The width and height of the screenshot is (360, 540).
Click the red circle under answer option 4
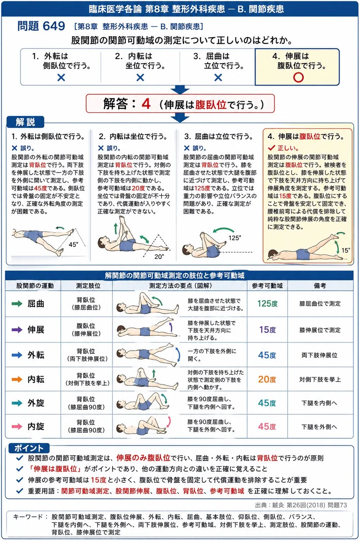pyautogui.click(x=298, y=78)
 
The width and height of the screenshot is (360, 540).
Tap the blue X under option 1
pyautogui.click(x=61, y=78)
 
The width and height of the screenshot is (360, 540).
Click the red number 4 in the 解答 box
pyautogui.click(x=146, y=104)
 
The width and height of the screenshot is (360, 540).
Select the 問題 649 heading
pyautogui.click(x=41, y=26)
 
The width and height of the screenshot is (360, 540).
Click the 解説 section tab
pyautogui.click(x=25, y=122)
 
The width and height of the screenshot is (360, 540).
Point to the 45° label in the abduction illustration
pyautogui.click(x=73, y=244)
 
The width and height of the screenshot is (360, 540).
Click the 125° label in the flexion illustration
pyautogui.click(x=235, y=238)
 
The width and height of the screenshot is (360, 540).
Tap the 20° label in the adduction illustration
pyautogui.click(x=159, y=256)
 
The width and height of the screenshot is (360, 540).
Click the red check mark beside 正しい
pyautogui.click(x=271, y=148)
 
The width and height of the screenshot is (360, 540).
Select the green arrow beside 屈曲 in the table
pyautogui.click(x=17, y=303)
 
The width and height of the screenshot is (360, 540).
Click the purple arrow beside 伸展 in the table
pyautogui.click(x=17, y=329)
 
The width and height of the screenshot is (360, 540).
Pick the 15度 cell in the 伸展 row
pyautogui.click(x=268, y=329)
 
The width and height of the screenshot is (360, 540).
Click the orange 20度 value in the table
pyautogui.click(x=267, y=379)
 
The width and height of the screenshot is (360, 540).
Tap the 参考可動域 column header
pyautogui.click(x=267, y=286)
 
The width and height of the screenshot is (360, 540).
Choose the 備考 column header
pyautogui.click(x=320, y=286)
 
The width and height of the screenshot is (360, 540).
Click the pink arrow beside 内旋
pyautogui.click(x=17, y=427)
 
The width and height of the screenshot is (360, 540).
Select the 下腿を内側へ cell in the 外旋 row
pyautogui.click(x=319, y=403)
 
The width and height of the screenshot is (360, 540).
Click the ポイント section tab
pyautogui.click(x=29, y=448)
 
